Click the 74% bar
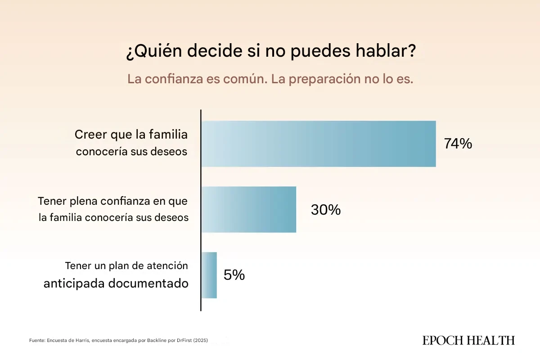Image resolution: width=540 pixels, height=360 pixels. point(319,144)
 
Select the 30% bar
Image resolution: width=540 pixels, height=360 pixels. point(249,210)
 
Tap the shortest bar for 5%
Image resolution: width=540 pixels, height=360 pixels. point(209,275)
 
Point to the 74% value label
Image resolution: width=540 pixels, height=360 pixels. point(458,144)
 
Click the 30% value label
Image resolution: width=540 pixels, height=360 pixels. point(325,210)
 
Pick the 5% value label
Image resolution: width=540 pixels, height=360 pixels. point(234,275)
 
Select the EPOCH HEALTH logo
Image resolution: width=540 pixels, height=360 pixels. point(468,341)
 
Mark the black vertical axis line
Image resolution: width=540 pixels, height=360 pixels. point(201,210)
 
